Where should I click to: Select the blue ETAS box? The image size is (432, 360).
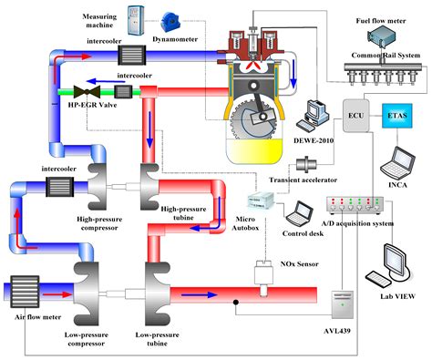397,118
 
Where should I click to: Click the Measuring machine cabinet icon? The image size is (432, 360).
136,17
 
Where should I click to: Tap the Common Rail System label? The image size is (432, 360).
388,56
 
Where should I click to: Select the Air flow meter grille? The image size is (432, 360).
21,291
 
